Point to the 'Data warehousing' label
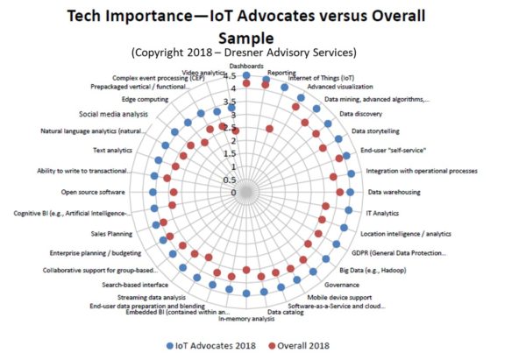[394, 192]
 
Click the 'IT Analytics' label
[383, 213]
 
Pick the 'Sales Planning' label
[111, 234]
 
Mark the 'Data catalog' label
[286, 312]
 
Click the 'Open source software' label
[94, 192]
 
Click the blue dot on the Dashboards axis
[246, 76]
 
